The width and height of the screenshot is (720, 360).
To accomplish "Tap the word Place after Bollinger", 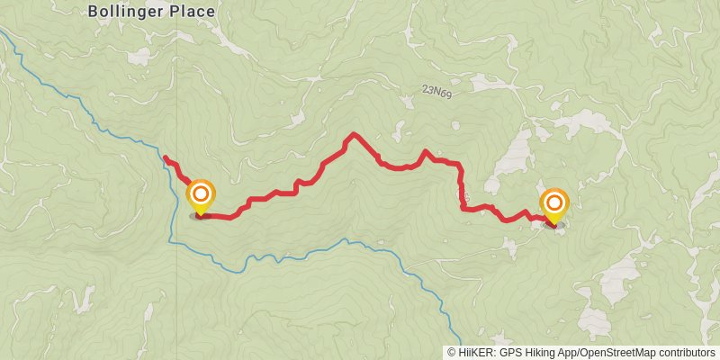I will pyautogui.click(x=191, y=12).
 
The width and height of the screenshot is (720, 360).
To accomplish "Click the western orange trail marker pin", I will pyautogui.click(x=200, y=195).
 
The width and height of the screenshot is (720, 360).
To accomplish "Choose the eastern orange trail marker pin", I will pyautogui.click(x=553, y=203).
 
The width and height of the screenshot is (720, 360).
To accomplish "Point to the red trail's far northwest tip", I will pyautogui.click(x=165, y=158).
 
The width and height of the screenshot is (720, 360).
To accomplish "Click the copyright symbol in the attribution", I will pyautogui.click(x=452, y=353).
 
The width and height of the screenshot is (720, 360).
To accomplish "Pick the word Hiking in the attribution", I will pyautogui.click(x=542, y=353).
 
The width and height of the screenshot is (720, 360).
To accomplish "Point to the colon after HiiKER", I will pyautogui.click(x=495, y=353).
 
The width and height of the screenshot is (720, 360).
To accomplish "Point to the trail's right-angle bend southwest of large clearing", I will pyautogui.click(x=463, y=208).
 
